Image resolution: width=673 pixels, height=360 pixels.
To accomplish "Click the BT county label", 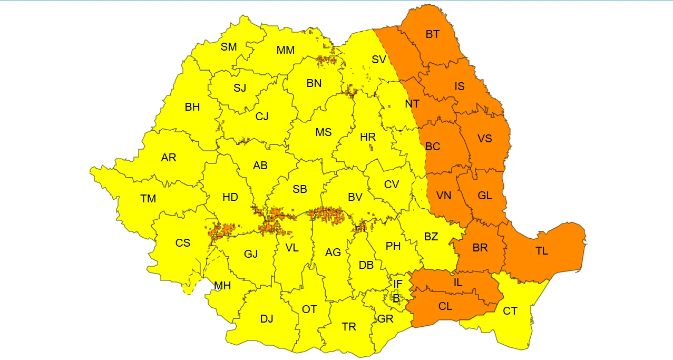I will tap(432, 35).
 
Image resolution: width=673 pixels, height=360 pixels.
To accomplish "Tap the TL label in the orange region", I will tap(542, 251).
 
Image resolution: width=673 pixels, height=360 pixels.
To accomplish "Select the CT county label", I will tap(510, 311).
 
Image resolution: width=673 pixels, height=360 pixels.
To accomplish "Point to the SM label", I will tap(229, 47).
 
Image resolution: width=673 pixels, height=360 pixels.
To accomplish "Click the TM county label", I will tap(148, 199).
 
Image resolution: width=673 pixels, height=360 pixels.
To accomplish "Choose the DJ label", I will tap(267, 318).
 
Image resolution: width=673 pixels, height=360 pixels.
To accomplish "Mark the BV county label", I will tap(355, 197).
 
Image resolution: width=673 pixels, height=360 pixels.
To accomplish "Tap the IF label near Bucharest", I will tap(398, 285).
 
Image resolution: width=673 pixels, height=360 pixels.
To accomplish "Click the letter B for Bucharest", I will tap(396, 298).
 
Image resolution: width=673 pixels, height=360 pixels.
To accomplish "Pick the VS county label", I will tap(484, 139).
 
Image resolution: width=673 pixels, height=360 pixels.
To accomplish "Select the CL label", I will tap(445, 306).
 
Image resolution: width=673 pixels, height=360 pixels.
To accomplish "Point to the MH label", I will tap(222, 286).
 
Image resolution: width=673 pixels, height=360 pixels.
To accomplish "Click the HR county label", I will tap(368, 137).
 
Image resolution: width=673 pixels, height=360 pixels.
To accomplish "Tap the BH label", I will tap(192, 107).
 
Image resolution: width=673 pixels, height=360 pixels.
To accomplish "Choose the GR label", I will tap(385, 319).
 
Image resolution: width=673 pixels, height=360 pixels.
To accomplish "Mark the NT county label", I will tap(412, 104).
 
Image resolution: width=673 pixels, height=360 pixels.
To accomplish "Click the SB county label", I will tap(300, 189).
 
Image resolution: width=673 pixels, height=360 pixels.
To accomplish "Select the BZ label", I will tap(431, 237).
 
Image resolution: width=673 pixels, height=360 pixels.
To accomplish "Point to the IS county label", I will tap(460, 86).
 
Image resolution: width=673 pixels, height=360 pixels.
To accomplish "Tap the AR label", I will tap(169, 158).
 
